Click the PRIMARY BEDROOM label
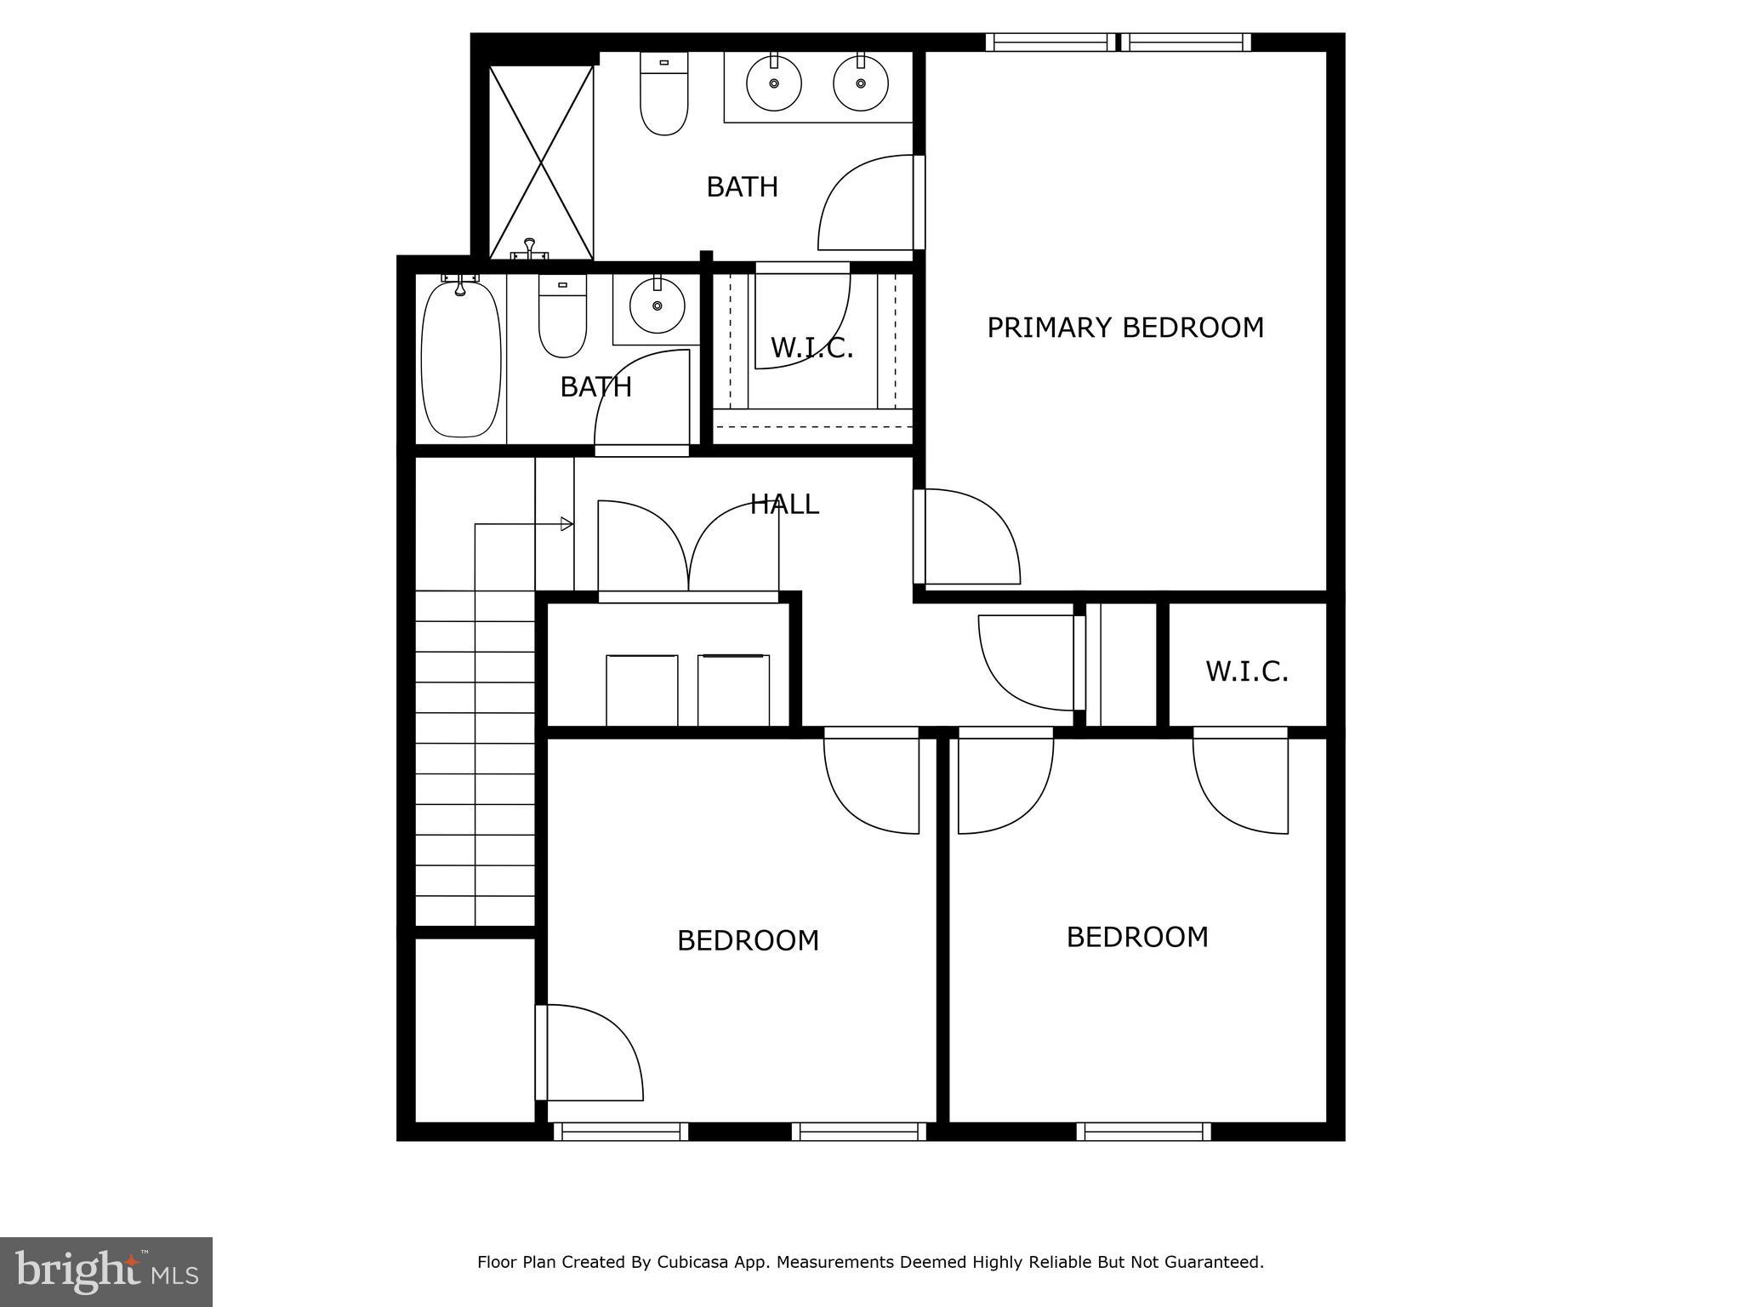(x=1124, y=328)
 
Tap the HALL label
(x=783, y=505)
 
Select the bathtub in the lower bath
(x=461, y=359)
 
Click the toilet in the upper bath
(x=663, y=95)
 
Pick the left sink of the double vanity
(x=773, y=83)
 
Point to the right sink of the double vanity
(x=861, y=83)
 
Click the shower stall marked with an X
(x=541, y=162)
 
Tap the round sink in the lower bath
(x=656, y=304)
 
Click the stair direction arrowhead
(x=566, y=524)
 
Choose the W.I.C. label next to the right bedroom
(x=1246, y=671)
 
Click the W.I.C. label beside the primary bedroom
(x=811, y=347)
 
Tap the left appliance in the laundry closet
(x=641, y=689)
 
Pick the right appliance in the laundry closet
(x=733, y=689)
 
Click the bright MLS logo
(x=105, y=1271)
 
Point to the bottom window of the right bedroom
(x=1143, y=1132)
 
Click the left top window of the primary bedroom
(x=1050, y=42)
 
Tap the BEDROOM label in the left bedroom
(x=748, y=940)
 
